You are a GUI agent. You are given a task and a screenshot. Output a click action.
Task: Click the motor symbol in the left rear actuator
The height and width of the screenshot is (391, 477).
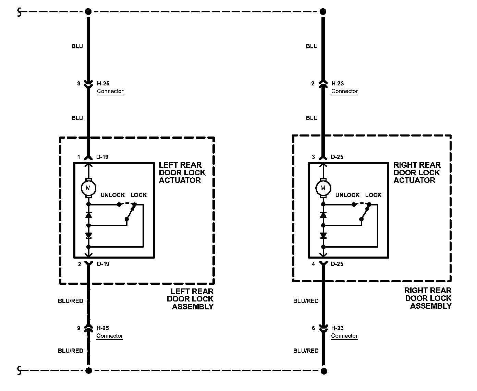[88, 188]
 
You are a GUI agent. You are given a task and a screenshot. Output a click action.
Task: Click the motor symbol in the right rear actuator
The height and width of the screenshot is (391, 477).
[323, 188]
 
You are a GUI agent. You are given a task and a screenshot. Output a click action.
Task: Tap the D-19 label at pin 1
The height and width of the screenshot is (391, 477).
[102, 157]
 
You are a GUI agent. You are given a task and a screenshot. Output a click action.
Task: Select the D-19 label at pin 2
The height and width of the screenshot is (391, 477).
[103, 264]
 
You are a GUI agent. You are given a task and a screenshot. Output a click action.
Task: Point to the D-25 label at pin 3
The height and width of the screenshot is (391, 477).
[337, 157]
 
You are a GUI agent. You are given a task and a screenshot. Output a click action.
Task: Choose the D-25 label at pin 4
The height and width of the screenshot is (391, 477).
[337, 264]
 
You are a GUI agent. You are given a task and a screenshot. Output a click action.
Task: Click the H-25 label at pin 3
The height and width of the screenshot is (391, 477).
[103, 83]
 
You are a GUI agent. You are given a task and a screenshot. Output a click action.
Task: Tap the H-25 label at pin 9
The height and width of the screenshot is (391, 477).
[103, 328]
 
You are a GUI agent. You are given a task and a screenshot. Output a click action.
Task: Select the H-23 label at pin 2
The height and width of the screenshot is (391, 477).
[338, 83]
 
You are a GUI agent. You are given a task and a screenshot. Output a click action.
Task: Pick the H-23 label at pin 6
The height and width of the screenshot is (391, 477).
[338, 328]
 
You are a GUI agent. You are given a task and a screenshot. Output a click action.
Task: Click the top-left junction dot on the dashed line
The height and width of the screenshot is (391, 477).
[88, 12]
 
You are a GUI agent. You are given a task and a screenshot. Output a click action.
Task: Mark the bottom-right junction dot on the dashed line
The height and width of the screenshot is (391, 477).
[323, 371]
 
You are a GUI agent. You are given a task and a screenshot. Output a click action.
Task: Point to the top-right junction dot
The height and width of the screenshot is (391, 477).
[323, 12]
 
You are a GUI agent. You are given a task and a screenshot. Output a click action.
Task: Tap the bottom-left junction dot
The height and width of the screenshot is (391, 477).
[88, 370]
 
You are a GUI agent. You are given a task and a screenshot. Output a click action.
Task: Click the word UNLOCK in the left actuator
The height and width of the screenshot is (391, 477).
[112, 195]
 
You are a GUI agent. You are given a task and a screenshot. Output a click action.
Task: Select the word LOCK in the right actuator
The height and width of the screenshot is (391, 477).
[373, 195]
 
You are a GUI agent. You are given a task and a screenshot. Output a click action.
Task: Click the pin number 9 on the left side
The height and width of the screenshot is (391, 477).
[78, 328]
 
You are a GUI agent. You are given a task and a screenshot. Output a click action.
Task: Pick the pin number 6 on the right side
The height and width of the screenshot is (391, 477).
[313, 328]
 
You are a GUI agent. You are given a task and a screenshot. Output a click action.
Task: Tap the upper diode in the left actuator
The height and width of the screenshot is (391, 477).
[88, 215]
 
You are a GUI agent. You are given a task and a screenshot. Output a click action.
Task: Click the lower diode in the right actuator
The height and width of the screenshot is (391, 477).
[323, 235]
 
